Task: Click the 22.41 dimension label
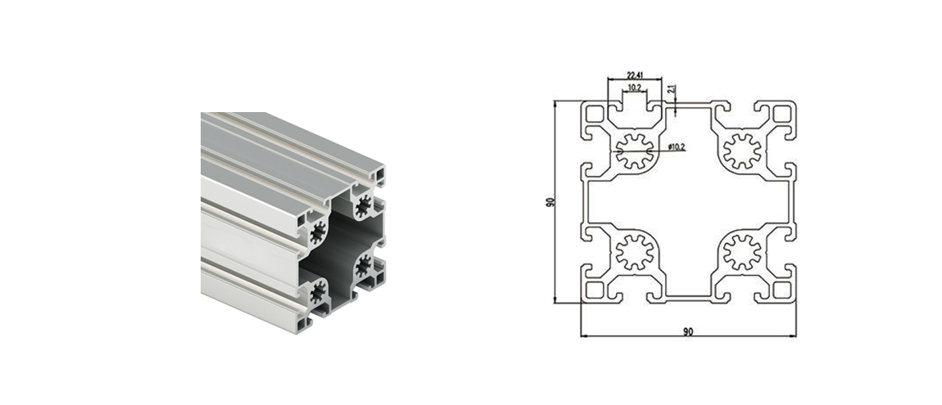634,75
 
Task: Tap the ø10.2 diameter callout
676,147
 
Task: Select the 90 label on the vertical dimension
550,201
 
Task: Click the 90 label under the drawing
688,331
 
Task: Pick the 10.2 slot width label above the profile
634,88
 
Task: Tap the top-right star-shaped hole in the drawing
742,151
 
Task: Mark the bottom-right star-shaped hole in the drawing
742,252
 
